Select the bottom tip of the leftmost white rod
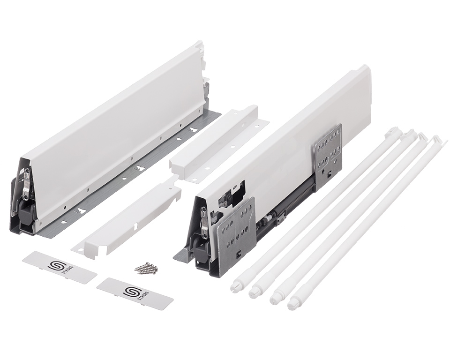(235, 285)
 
